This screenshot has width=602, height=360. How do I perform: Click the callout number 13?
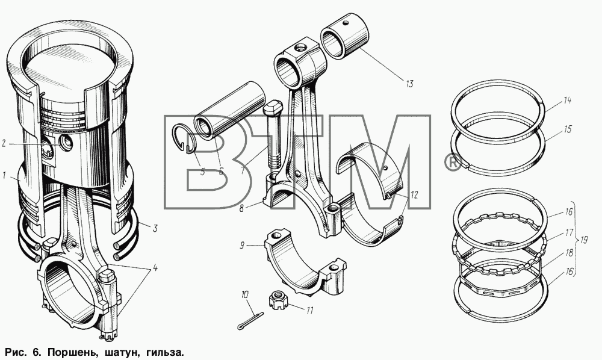coord(409,84)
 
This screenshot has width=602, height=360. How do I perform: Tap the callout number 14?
coord(568,101)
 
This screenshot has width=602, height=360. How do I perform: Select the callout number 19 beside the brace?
coord(584,241)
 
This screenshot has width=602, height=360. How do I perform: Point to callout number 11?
coord(309,310)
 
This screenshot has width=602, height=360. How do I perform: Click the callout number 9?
coord(242,245)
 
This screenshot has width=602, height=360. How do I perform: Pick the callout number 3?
coord(155,228)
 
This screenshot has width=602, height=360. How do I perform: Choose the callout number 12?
coord(414,195)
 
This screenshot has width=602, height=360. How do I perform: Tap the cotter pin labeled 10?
coord(250,321)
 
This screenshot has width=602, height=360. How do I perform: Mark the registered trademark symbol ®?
coord(453,163)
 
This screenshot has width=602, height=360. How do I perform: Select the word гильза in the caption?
coord(163,352)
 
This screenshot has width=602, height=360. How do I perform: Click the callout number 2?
coord(4,144)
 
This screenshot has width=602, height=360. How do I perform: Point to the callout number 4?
coord(155,268)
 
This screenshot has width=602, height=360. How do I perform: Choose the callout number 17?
coord(569,232)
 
